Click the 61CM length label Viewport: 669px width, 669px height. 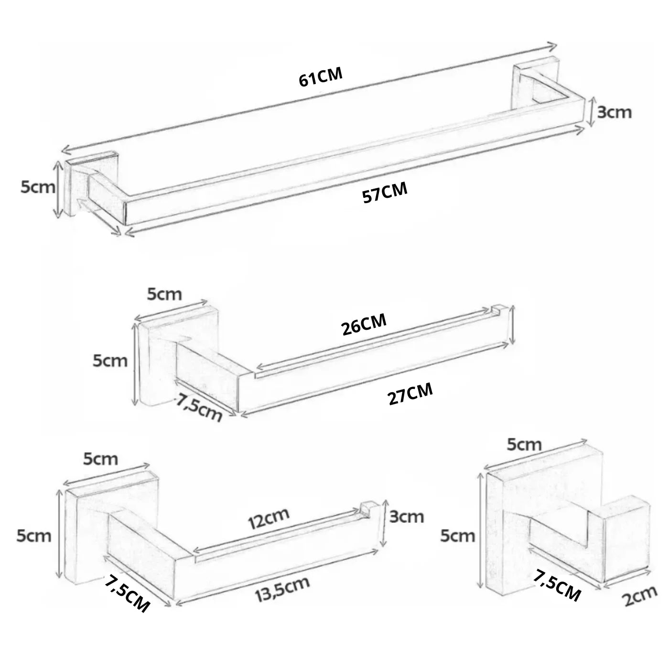coord(321,77)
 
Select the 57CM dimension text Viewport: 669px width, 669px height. coord(385,192)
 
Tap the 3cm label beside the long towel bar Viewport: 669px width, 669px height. coord(614,112)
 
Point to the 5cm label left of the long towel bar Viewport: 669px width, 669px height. coord(38,187)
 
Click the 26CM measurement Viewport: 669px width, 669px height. coord(364,324)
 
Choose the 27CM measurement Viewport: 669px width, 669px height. coord(410,393)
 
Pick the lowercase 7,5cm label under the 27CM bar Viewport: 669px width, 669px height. coord(199,408)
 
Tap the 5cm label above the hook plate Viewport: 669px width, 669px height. coord(524,444)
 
